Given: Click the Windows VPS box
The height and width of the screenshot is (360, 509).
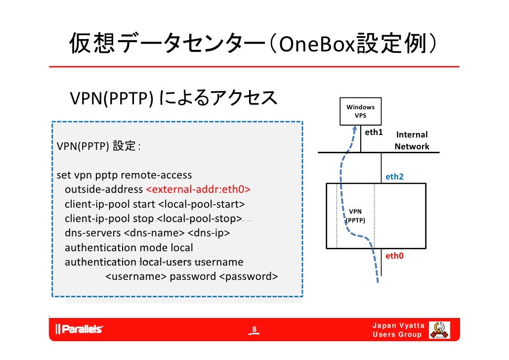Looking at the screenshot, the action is click(x=360, y=111).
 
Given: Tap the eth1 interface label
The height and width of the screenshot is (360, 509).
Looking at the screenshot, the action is click(x=374, y=133).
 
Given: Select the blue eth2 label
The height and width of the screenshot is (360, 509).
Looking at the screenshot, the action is click(x=394, y=177).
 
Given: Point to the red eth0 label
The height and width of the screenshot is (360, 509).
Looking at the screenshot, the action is click(x=394, y=256).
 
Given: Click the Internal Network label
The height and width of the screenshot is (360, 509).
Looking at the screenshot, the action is click(x=412, y=140).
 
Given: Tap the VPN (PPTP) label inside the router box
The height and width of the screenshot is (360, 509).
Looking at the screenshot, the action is click(x=355, y=216).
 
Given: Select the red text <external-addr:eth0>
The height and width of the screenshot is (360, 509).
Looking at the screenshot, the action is click(x=198, y=190).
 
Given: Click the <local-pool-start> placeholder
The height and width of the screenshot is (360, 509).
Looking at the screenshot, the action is click(x=201, y=204).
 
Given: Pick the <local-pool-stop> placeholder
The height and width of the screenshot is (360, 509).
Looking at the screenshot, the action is click(x=200, y=219).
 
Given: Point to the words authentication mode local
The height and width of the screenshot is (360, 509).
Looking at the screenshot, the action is click(x=129, y=247).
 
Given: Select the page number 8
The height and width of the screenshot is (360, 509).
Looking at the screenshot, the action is click(x=254, y=330).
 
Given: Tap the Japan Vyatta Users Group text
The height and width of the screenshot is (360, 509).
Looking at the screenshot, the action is click(x=398, y=330).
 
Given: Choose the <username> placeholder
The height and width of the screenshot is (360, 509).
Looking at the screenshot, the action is click(x=136, y=276).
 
